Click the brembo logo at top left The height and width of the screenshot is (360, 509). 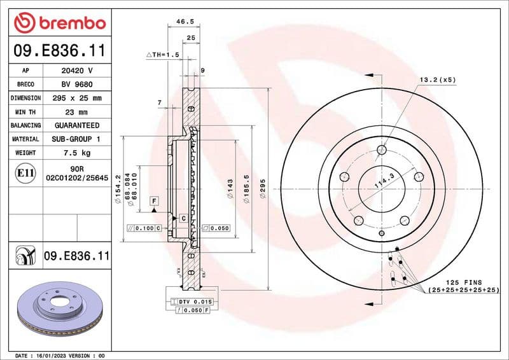pyautogui.click(x=59, y=23)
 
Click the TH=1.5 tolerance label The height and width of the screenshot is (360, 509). pyautogui.click(x=164, y=55)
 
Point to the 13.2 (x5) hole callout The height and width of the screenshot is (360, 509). pyautogui.click(x=437, y=80)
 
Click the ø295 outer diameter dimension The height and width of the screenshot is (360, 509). pyautogui.click(x=262, y=190)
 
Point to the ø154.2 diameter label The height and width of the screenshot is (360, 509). pyautogui.click(x=118, y=192)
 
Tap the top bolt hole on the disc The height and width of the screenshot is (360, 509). pyautogui.click(x=382, y=150)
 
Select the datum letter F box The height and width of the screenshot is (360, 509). pyautogui.click(x=154, y=201)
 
